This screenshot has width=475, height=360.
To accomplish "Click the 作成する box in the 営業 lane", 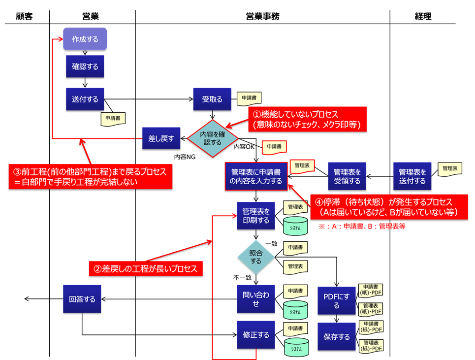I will coord(85,39).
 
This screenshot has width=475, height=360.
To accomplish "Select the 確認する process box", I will coord(85,66).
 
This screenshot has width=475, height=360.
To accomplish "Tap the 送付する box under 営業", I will coord(85,99).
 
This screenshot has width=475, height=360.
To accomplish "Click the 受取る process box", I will coord(212,99).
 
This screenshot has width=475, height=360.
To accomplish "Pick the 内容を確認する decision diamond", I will coord(212,138).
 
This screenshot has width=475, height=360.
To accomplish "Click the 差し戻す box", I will coord(161,138).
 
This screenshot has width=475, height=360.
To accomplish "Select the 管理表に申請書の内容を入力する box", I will coord(256,176).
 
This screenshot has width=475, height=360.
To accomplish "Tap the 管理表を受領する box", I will coord(347,176).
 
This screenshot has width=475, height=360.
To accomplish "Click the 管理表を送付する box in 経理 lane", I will coord(412,176).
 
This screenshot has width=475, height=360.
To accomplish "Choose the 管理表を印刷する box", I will coord(255,216).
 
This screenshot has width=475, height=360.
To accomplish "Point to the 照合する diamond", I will coord(255,257).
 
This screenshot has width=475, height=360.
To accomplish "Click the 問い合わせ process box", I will coord(255,299).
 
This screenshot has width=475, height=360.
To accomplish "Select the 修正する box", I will coord(255,335).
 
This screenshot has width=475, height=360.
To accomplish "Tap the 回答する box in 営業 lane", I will coord(82,299).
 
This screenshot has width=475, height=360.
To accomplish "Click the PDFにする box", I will coord(336,301).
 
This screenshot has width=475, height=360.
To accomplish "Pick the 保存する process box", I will coord(336,337).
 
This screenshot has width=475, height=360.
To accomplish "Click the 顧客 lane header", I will coord(24,16).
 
